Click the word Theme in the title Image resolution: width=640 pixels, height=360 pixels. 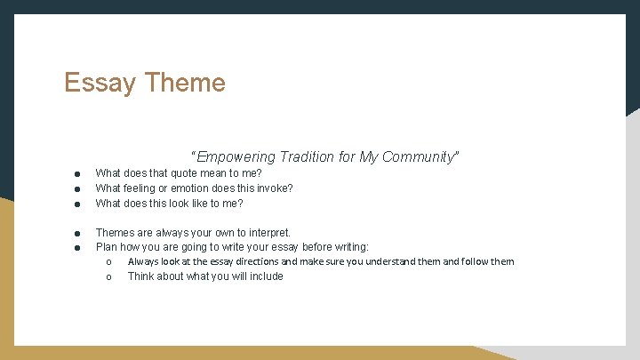pyautogui.click(x=184, y=83)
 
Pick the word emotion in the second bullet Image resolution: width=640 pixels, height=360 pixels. pyautogui.click(x=192, y=188)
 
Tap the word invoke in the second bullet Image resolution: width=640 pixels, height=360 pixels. pyautogui.click(x=272, y=188)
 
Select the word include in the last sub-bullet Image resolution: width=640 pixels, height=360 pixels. pyautogui.click(x=266, y=276)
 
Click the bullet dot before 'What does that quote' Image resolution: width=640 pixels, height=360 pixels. pyautogui.click(x=77, y=174)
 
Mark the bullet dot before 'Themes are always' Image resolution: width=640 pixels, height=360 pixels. pyautogui.click(x=77, y=234)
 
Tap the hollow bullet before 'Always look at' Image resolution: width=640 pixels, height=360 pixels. pyautogui.click(x=108, y=262)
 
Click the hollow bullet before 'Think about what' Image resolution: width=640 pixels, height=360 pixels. pyautogui.click(x=108, y=277)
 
